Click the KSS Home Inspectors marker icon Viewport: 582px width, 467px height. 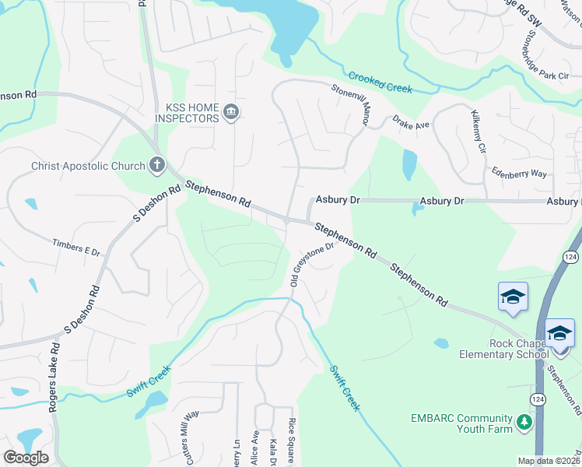click(x=230, y=113)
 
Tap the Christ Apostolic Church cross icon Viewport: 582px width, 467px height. click(x=156, y=165)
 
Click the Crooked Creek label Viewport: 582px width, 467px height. click(x=380, y=83)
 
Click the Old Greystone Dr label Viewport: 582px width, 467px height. click(x=311, y=265)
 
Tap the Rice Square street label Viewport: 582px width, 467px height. click(x=292, y=441)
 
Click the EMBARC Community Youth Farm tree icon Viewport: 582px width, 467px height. click(x=525, y=422)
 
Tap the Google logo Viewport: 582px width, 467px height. click(x=26, y=458)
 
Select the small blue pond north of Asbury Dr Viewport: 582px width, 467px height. click(x=408, y=164)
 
